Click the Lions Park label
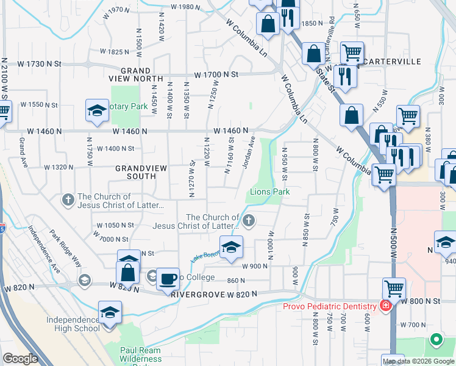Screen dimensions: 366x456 point(269,192)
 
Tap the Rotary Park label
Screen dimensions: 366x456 point(129,107)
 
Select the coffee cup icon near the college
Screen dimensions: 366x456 point(168,279)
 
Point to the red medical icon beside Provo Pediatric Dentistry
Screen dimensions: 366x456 point(385,305)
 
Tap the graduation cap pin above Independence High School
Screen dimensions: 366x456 point(110,312)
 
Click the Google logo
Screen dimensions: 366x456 point(20,359)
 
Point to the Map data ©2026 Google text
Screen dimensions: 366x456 point(418,361)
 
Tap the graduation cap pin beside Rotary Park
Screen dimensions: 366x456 point(96,110)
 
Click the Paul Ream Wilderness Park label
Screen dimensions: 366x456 point(141,355)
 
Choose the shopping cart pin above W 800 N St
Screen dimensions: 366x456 point(394,288)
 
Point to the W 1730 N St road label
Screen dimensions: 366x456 point(40,63)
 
